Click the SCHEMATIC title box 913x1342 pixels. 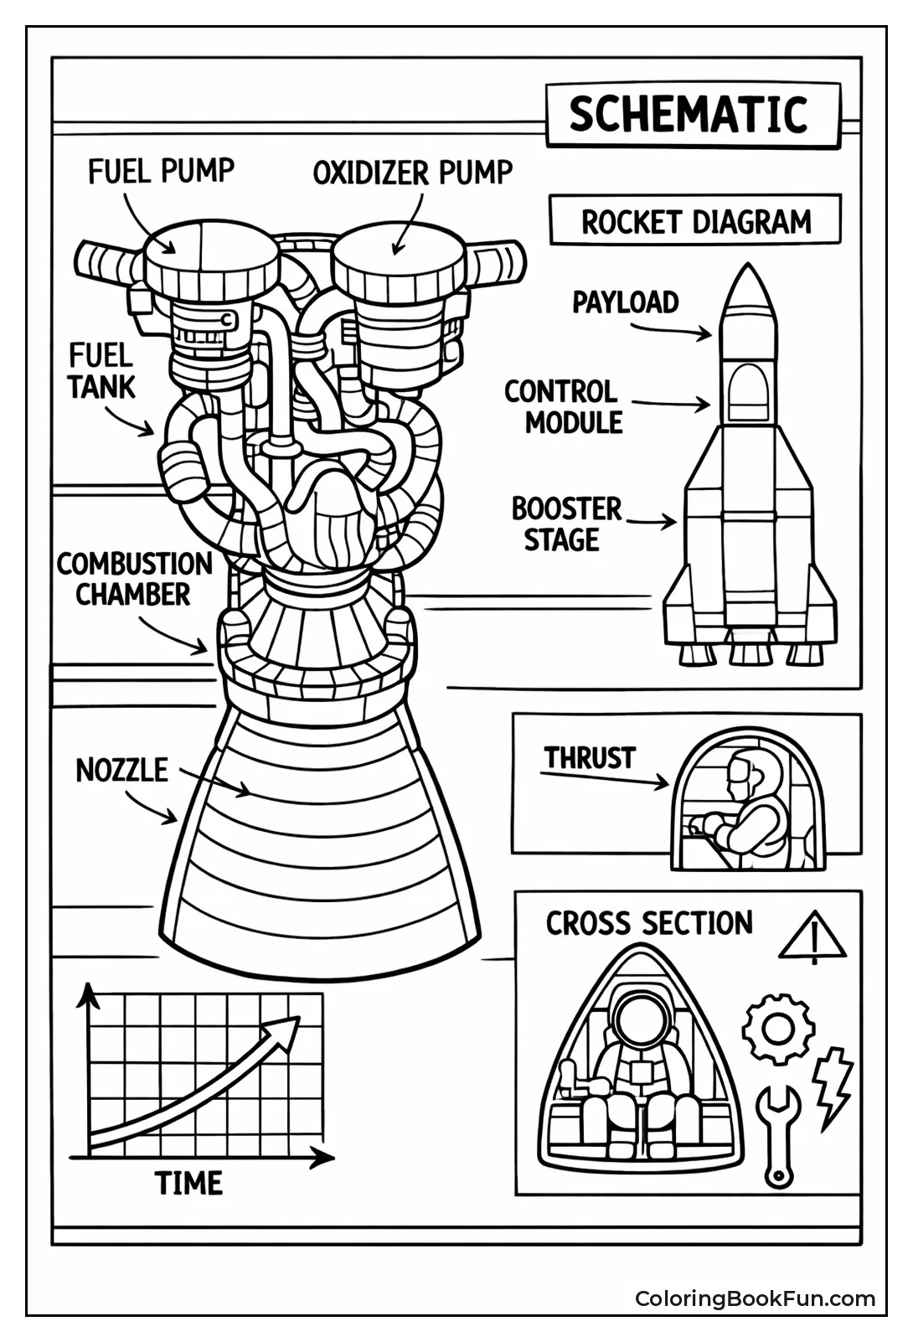pos(692,115)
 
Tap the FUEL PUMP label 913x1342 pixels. pos(161,172)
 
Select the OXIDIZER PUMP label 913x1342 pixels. pos(412,173)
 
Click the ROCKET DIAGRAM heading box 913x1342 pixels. pos(695,222)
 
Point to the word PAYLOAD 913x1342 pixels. pos(625,302)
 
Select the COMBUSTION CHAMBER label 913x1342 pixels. pos(134,579)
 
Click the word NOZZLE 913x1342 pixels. pos(122,770)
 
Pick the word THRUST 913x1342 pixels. pos(589,758)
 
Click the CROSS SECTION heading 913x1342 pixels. pos(649,923)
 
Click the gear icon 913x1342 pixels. pos(778,1028)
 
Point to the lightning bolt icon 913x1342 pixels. pos(834,1085)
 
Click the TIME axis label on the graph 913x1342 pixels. pos(189,1183)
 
